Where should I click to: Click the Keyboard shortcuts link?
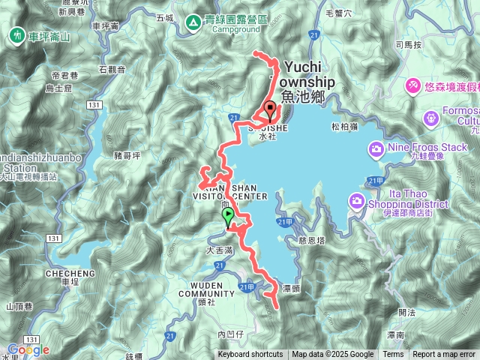point(250,355)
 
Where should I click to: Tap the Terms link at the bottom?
point(393,355)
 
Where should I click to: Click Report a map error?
point(444,355)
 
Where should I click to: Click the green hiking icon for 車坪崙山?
point(16,35)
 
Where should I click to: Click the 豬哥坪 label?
point(127,156)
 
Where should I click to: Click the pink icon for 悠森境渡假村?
point(412,87)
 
